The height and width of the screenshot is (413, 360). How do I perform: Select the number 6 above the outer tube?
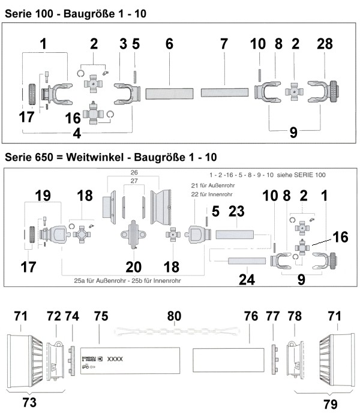tap(169, 45)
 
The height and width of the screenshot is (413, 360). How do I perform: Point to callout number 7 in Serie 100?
tap(224, 45)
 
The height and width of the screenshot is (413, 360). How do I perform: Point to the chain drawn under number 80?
tap(174, 331)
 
